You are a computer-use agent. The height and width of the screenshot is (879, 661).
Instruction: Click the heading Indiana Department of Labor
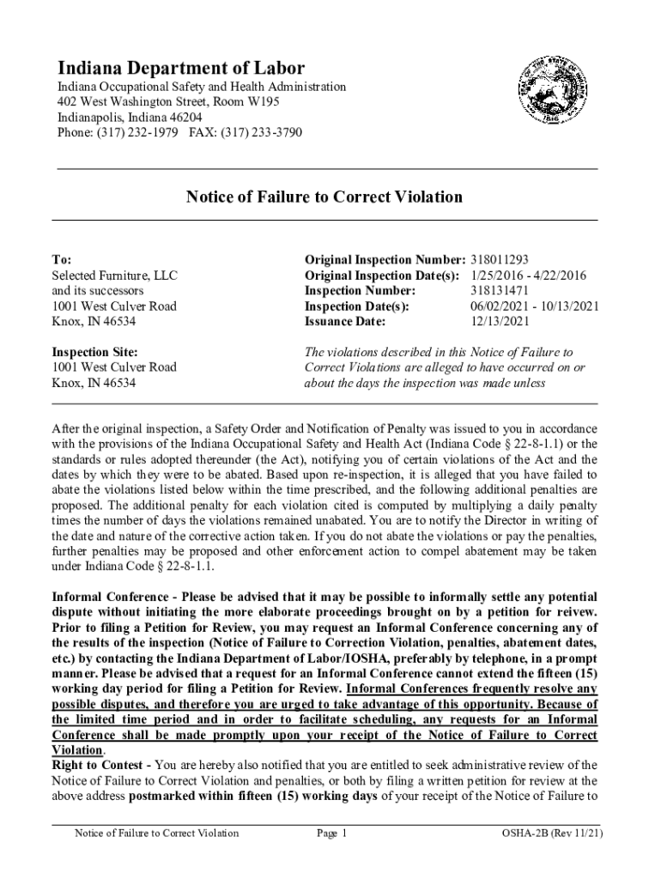(x=180, y=68)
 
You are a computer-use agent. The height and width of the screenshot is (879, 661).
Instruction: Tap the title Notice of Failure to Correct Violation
(x=324, y=197)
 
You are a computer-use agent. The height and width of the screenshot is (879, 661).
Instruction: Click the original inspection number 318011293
(x=500, y=259)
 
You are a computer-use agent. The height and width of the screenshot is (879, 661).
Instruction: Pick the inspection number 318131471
(x=500, y=290)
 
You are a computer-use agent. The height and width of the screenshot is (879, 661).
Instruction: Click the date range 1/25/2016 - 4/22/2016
(x=528, y=275)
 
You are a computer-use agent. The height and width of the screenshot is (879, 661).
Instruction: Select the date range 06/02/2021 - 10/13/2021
(x=534, y=306)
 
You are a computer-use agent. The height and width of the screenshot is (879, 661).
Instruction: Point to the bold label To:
(x=62, y=259)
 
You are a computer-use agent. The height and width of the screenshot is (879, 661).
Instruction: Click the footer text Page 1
(x=331, y=833)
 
